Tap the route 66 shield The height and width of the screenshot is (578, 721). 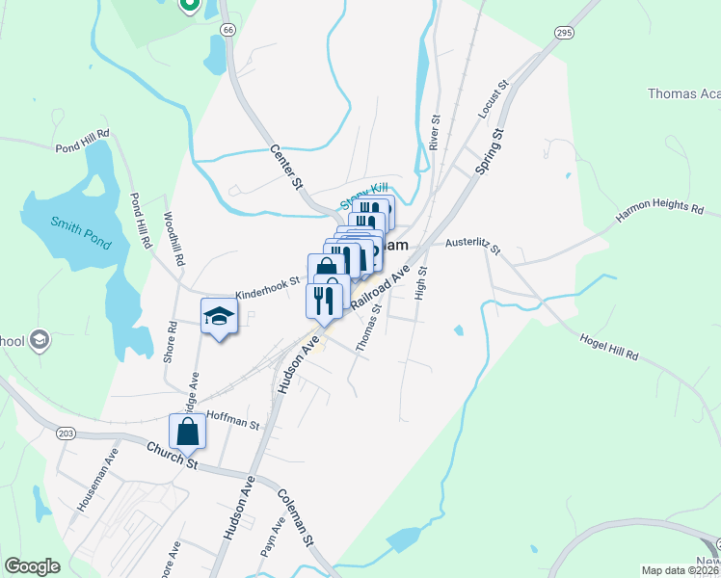[x=227, y=30]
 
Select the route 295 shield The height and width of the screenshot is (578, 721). [x=564, y=32]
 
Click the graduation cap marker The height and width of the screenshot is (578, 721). [x=219, y=316]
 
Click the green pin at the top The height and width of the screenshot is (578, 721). [x=189, y=6]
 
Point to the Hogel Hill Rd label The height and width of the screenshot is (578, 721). [x=609, y=348]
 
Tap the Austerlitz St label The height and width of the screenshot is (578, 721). [x=472, y=248]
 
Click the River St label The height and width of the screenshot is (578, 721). [x=436, y=133]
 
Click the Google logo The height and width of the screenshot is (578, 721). [x=32, y=566]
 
